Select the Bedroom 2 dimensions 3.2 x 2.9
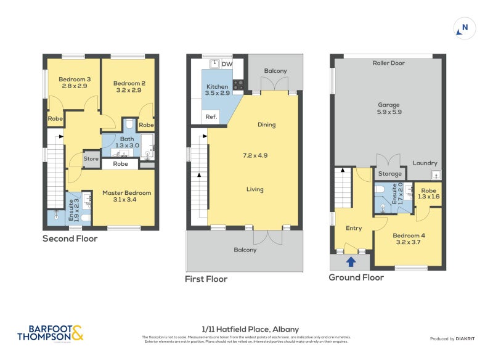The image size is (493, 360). point(128,90)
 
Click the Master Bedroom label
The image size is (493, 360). point(126,193)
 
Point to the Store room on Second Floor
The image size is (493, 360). point(91,158)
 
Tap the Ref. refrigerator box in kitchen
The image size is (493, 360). point(211,117)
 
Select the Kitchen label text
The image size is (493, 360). point(217,87)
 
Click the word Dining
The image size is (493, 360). point(266,125)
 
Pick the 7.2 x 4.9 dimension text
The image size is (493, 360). point(254,155)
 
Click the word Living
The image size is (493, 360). point(255,189)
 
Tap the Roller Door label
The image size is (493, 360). point(388,63)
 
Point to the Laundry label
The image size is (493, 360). point(425,163)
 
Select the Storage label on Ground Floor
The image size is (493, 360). point(390,174)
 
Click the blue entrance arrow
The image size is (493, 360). point(351,262)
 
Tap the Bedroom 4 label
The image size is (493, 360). point(409,235)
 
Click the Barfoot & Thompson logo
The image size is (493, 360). point(49,333)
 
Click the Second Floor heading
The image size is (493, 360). point(70,239)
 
